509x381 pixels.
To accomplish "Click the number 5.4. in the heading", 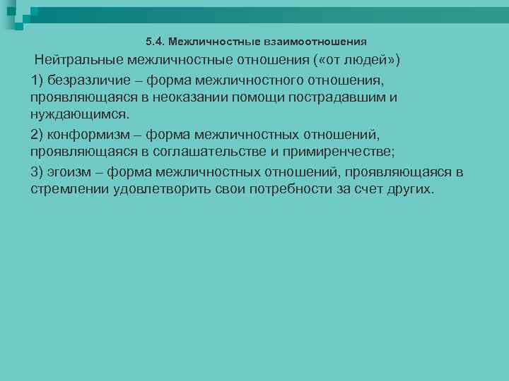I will click(x=155, y=41).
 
